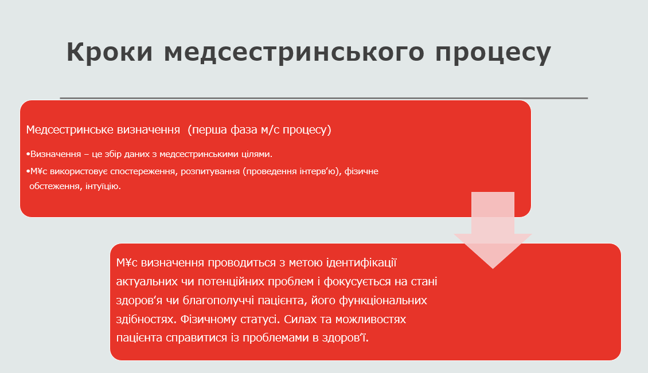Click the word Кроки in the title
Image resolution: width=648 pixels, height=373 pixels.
(110, 52)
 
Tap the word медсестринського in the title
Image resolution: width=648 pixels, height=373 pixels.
(294, 52)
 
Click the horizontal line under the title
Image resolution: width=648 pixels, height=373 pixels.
(323, 99)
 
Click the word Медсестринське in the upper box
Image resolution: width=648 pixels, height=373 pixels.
(70, 129)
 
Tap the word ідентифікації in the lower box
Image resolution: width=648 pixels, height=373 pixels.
(361, 263)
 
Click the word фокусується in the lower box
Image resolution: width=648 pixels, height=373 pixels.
(357, 282)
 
